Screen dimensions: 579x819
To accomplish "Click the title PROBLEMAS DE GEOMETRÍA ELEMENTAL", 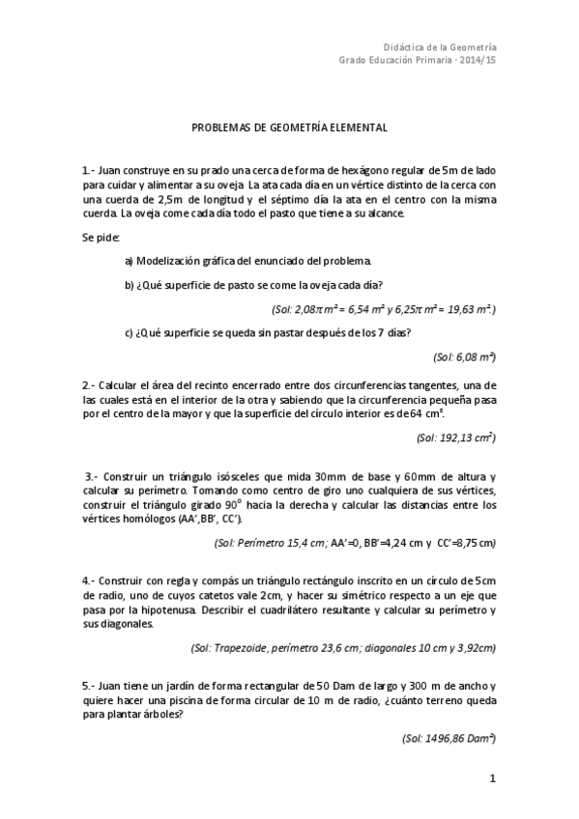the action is coord(290,127).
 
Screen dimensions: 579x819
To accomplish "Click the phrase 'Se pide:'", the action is coord(101,237).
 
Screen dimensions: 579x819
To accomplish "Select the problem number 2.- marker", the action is coord(89,384).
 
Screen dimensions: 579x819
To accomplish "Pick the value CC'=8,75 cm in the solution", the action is coord(459,543).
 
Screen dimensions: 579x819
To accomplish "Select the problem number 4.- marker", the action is coord(89,580).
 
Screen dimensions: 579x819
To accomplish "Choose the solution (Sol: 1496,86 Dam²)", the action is coord(449,737).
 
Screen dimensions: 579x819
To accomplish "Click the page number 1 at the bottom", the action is coord(493,778).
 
